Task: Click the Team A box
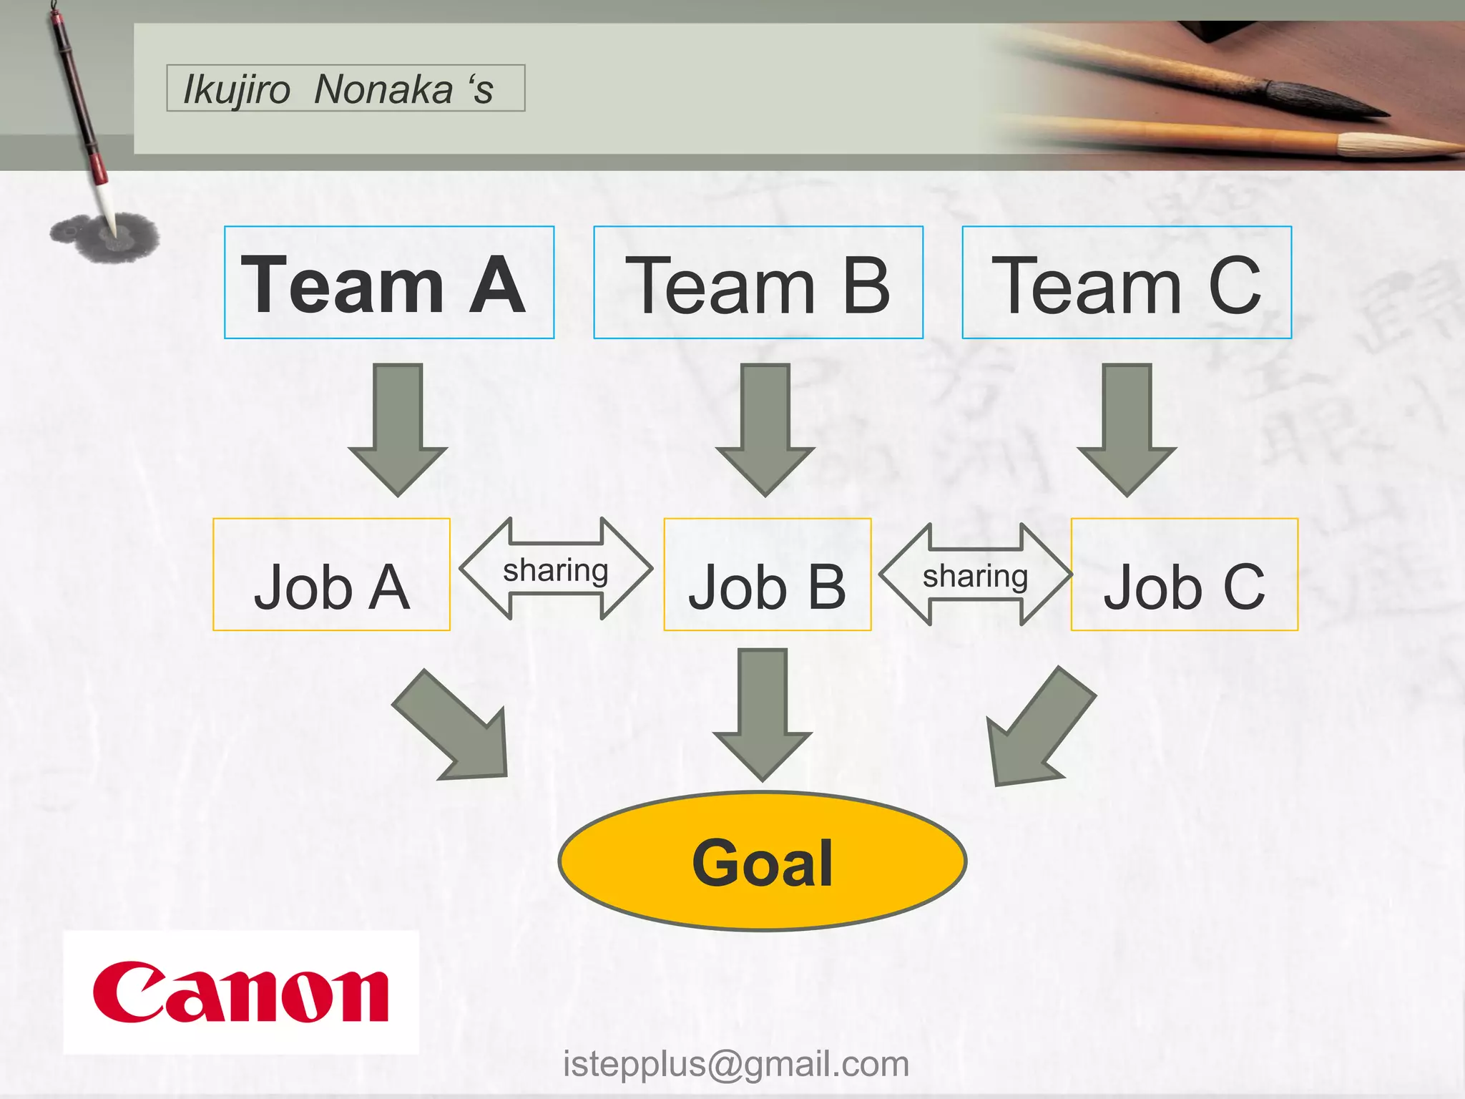[x=389, y=283]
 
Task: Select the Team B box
[x=758, y=283]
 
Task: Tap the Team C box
[x=1127, y=283]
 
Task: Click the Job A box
[x=331, y=575]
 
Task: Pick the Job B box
[x=767, y=575]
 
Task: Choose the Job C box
[x=1184, y=575]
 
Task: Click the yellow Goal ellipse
[x=763, y=861]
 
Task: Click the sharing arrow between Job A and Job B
[x=556, y=570]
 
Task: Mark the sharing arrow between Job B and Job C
[x=975, y=575]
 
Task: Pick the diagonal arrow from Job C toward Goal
[x=1037, y=730]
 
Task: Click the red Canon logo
[x=240, y=992]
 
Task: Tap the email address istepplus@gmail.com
[x=736, y=1064]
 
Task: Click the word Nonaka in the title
[x=383, y=89]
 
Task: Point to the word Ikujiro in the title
[x=236, y=89]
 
